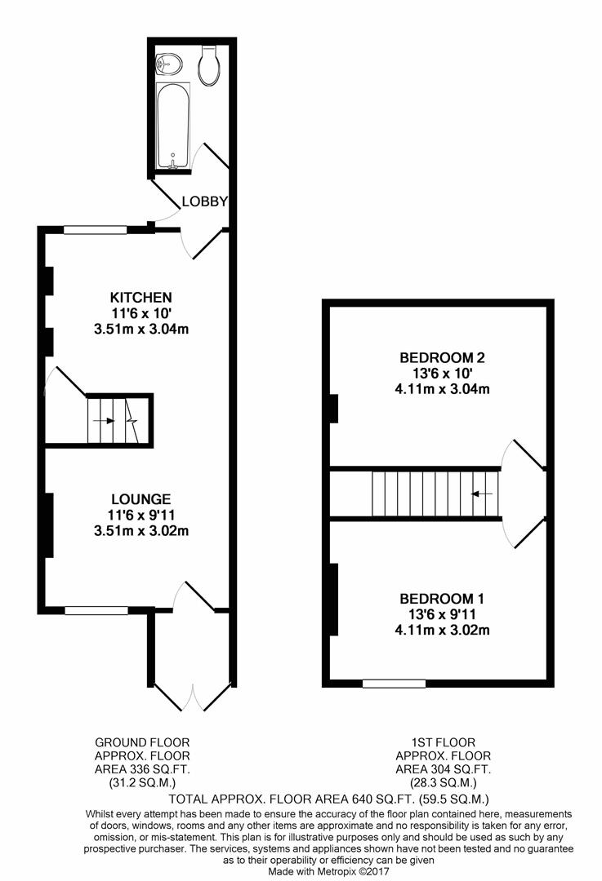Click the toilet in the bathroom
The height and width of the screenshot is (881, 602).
tap(209, 66)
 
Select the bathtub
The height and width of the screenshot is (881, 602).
tap(173, 126)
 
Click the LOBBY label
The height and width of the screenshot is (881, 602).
tap(205, 201)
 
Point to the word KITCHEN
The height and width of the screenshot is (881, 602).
tap(140, 297)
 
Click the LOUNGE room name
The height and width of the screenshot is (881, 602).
tap(141, 499)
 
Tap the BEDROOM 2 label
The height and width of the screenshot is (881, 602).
tap(442, 357)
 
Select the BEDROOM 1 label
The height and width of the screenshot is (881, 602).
tap(442, 599)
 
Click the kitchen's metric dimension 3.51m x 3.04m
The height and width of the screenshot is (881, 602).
tap(141, 329)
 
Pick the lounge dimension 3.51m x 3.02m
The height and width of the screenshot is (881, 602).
tap(141, 530)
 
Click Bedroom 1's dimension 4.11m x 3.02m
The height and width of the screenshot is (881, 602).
tap(442, 630)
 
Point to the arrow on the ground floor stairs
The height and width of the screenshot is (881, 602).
tap(104, 420)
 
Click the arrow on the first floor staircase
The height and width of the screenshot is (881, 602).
tap(482, 494)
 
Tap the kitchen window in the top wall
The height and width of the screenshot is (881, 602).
tap(95, 229)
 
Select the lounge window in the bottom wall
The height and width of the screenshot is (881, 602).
tap(96, 610)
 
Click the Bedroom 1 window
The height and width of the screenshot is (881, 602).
tap(394, 684)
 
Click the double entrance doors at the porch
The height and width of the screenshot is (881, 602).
tap(193, 697)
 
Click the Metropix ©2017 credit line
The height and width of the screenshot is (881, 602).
tap(328, 871)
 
